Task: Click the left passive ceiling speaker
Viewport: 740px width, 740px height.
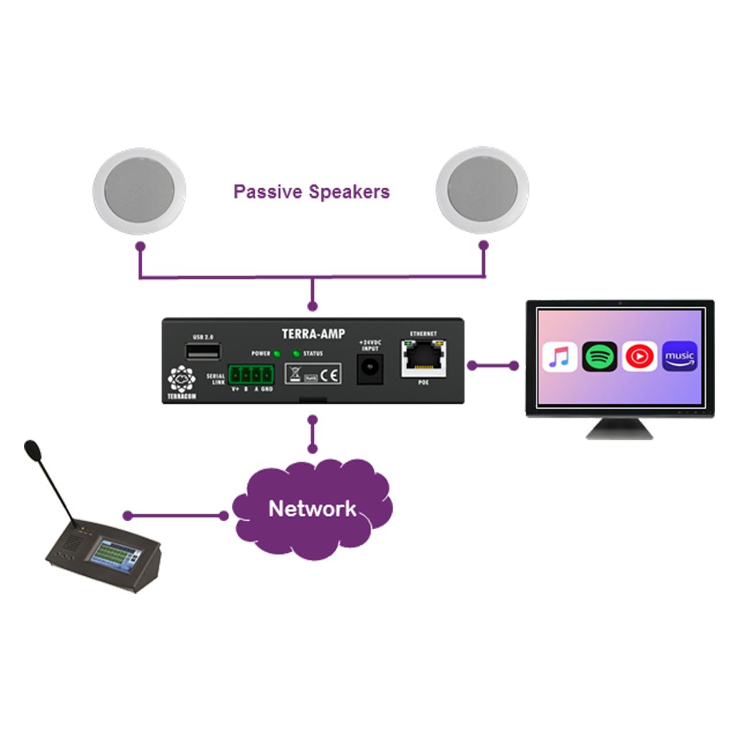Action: (x=139, y=190)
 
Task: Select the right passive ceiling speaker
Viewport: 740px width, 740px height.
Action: (x=482, y=190)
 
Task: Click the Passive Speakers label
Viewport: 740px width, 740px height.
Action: (x=312, y=192)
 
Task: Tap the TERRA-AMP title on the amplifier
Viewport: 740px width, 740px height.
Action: (x=313, y=334)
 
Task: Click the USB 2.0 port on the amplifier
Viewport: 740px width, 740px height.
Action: (x=203, y=351)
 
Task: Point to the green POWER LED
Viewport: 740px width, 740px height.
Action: (x=277, y=354)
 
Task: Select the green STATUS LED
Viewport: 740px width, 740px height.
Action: (x=297, y=354)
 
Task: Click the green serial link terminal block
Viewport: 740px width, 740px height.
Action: (x=251, y=374)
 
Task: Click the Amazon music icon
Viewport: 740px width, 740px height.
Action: (x=680, y=357)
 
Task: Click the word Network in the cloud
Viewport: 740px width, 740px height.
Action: (x=312, y=509)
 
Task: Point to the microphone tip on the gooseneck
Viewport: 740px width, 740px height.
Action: (x=31, y=447)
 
